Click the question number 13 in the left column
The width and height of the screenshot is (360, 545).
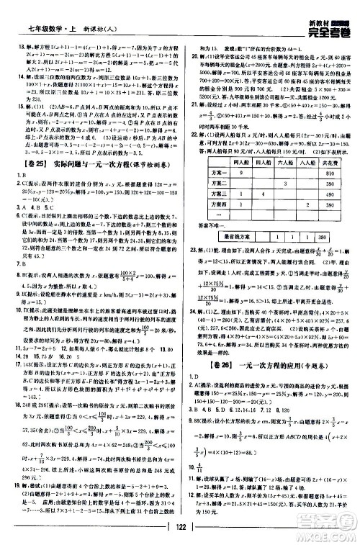[x=12, y=45]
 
